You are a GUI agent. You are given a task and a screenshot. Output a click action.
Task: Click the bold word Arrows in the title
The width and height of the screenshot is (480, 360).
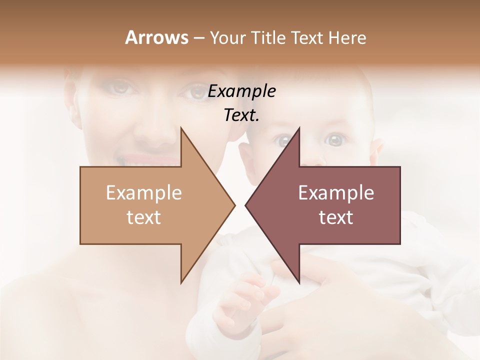pos(156,37)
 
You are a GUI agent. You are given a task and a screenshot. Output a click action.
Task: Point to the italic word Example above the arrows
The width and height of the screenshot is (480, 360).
pos(241,91)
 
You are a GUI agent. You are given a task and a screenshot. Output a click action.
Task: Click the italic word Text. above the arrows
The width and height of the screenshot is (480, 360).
pos(241,115)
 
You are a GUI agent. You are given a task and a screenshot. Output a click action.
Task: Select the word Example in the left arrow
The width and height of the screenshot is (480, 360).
pos(144,192)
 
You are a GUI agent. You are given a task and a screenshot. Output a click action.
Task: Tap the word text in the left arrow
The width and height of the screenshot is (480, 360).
pos(144,217)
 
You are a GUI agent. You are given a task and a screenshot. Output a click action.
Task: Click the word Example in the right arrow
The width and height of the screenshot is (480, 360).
pos(336,192)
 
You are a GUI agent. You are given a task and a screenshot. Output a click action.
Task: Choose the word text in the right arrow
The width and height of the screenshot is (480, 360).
pos(336,217)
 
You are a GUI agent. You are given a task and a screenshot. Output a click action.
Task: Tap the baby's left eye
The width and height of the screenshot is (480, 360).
pos(335,140)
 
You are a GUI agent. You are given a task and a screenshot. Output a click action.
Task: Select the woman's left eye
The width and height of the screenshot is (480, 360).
pos(191,91)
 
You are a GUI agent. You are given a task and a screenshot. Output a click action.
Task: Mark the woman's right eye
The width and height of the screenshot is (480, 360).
pos(122,88)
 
